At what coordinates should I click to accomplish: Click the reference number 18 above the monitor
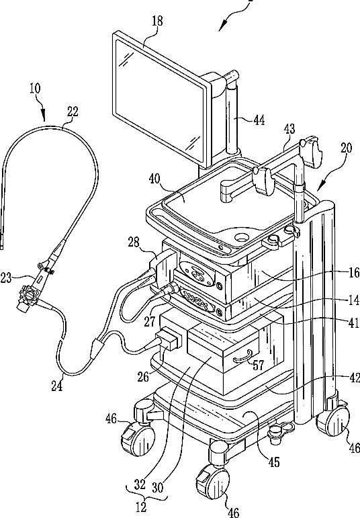(x=157, y=21)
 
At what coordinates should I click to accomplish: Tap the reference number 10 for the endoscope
(x=35, y=89)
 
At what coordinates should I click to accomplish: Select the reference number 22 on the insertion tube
(x=73, y=112)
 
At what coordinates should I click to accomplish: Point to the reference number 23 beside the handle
(x=6, y=278)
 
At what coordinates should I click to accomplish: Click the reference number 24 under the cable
(x=57, y=386)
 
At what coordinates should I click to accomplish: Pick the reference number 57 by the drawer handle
(x=259, y=365)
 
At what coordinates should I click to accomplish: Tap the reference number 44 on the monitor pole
(x=259, y=120)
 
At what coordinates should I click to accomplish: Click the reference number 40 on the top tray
(x=154, y=179)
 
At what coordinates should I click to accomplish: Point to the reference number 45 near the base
(x=274, y=462)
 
